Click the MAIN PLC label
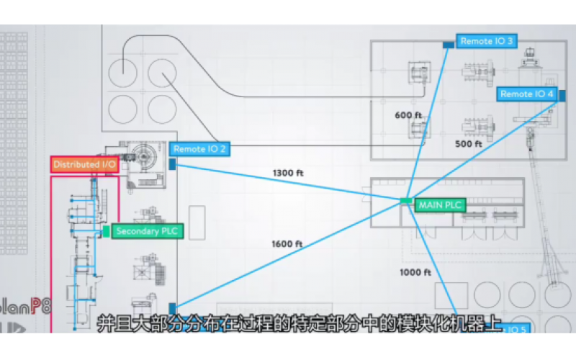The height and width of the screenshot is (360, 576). tap(439, 205)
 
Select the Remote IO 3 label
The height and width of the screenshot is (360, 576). tap(487, 41)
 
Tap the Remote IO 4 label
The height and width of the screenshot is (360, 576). tap(527, 94)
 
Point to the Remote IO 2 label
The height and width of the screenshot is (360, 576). tap(199, 149)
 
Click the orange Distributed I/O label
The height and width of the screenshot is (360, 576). tap(85, 164)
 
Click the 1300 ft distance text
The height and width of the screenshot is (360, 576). tap(287, 173)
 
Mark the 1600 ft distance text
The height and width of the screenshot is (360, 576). tap(287, 244)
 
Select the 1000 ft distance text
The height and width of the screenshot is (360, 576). tap(415, 272)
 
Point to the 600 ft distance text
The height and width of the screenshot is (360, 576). tap(408, 115)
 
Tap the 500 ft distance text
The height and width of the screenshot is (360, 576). tap(469, 144)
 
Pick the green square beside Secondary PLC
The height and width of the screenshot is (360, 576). tap(106, 231)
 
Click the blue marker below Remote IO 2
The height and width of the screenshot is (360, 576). tap(173, 164)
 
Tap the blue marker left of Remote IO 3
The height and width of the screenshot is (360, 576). tap(449, 44)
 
